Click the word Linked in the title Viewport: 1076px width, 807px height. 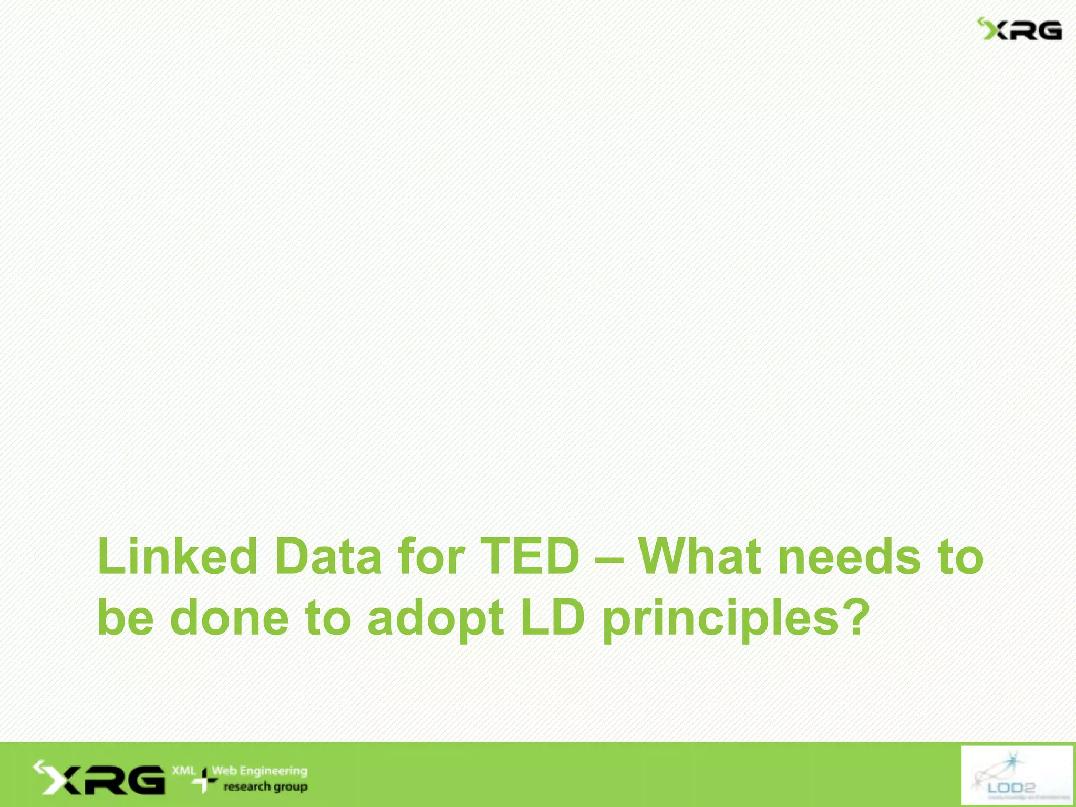point(178,557)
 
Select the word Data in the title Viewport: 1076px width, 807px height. point(328,557)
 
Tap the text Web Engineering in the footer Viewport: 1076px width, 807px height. point(260,771)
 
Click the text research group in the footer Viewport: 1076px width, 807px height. point(265,787)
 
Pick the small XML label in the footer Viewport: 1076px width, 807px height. point(183,771)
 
